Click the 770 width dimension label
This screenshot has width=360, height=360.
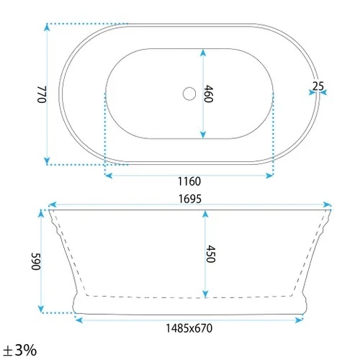click(42, 94)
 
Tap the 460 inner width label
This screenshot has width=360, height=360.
click(208, 94)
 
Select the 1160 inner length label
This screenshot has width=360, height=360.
click(189, 181)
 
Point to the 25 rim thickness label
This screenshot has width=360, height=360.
click(318, 86)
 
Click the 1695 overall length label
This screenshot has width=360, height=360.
click(190, 199)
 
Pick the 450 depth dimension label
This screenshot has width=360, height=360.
click(210, 253)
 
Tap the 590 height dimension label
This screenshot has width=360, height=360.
click(36, 261)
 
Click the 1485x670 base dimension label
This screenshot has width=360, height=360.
click(189, 328)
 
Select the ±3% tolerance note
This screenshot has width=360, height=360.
click(20, 350)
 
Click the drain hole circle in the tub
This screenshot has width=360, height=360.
click(189, 94)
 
